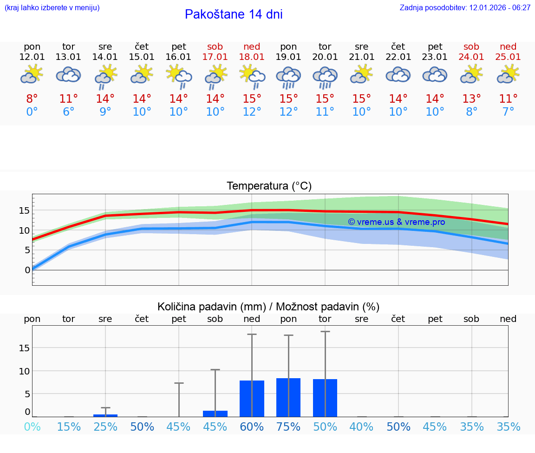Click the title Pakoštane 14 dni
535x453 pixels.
pos(234,14)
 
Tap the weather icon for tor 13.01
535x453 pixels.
pos(69,75)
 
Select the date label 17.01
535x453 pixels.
pos(215,57)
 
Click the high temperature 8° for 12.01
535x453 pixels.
pos(32,99)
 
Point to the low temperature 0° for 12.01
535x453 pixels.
pos(32,112)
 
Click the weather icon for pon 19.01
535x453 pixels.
pos(288,76)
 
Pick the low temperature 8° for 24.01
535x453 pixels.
pos(471,112)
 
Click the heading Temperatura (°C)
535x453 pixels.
pos(269,186)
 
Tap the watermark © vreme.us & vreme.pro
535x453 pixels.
pos(397,222)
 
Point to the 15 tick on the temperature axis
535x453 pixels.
pos(24,210)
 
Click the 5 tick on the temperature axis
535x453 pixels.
pos(27,250)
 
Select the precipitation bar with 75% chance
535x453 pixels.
pos(288,397)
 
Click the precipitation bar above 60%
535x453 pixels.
pos(252,399)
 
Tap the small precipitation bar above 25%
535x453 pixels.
pos(105,415)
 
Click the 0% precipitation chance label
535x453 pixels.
pos(32,427)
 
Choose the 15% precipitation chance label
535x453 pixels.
pos(69,427)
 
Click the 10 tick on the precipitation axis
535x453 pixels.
pos(24,371)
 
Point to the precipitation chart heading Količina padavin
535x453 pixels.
pos(211,307)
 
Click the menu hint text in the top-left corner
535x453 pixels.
pos(52,8)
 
